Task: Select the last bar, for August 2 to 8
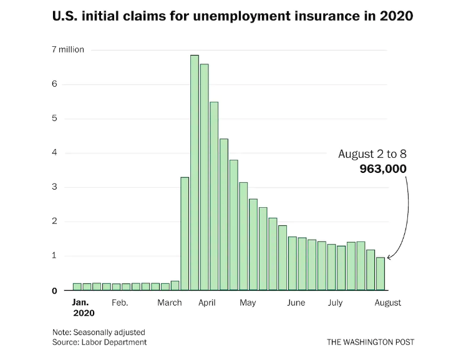point(381,274)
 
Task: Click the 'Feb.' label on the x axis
point(120,303)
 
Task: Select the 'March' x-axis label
point(170,303)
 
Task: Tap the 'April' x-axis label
point(207,303)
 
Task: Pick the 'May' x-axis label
point(248,303)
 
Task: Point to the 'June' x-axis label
point(296,303)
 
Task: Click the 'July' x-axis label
point(335,303)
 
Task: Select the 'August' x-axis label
point(387,303)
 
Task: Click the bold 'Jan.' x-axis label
point(80,302)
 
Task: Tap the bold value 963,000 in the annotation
point(382,168)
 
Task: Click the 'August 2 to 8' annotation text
point(372,153)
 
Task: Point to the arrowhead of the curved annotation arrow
point(389,256)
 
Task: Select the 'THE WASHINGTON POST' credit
point(370,342)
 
